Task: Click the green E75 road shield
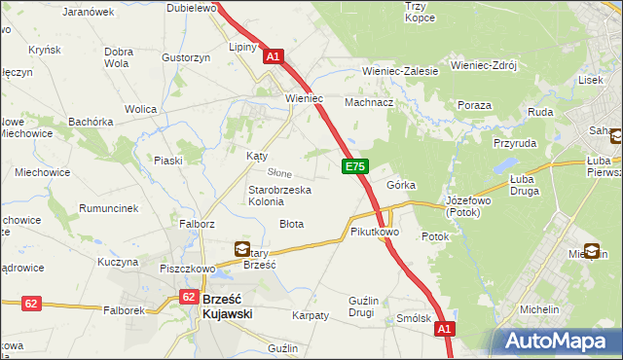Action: tap(354, 168)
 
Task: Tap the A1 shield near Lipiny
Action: tap(273, 57)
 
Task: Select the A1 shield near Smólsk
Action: tap(444, 331)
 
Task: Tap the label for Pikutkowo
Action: tap(375, 233)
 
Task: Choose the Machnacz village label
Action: tap(369, 101)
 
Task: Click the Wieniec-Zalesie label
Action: tap(400, 71)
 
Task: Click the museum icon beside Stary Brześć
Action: tap(241, 249)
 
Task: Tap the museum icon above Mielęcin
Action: tap(592, 250)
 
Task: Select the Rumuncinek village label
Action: tap(109, 208)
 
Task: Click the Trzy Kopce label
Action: tap(420, 12)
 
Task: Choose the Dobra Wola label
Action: tap(118, 57)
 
